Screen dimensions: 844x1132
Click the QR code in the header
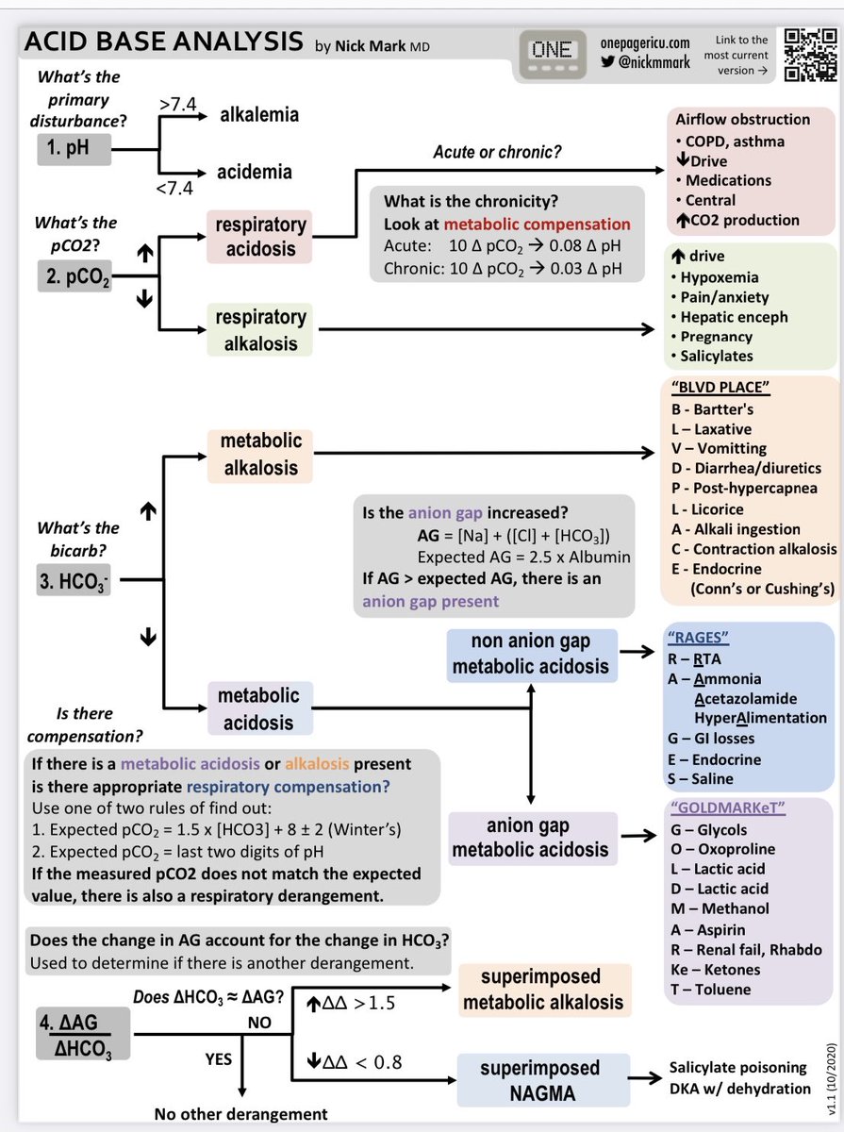pos(810,56)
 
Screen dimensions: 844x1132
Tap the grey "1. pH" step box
pos(74,150)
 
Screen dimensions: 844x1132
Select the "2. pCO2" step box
pos(74,275)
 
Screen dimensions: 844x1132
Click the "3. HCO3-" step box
pos(74,580)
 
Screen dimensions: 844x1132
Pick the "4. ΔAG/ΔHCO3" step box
pos(83,1034)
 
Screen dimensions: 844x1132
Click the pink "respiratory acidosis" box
pos(260,237)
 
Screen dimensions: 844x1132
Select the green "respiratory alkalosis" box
pos(260,329)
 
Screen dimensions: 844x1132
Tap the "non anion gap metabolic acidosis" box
pos(532,655)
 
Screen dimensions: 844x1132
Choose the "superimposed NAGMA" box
pos(543,1080)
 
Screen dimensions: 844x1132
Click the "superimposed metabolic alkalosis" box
pos(544,990)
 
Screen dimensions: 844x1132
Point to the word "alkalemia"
pos(259,114)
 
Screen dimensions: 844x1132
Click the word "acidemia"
pos(255,172)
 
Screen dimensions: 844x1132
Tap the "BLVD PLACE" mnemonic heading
pos(720,388)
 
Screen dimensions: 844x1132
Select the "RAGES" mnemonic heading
pos(698,638)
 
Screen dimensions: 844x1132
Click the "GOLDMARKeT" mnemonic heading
pos(727,808)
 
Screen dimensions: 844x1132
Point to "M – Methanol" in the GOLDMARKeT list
pos(720,908)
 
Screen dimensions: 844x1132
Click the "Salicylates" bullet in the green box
pos(712,356)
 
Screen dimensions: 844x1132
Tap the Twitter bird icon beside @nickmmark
pos(608,62)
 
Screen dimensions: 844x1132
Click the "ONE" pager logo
pos(553,54)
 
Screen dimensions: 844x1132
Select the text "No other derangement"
pos(240,1114)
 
